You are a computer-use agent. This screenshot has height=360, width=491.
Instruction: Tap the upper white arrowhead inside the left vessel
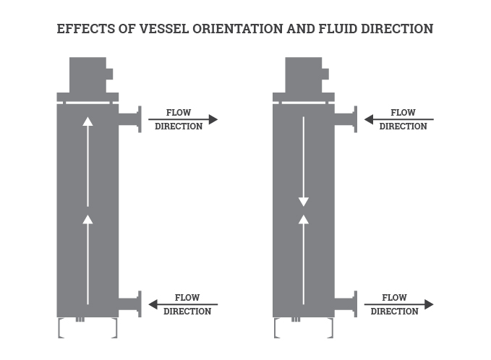(x=88, y=121)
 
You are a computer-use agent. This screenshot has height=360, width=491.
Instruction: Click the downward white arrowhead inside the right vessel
(x=304, y=202)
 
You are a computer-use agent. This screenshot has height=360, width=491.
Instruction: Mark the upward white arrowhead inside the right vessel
(x=304, y=218)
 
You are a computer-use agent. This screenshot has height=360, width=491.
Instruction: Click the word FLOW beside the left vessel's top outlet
(x=179, y=112)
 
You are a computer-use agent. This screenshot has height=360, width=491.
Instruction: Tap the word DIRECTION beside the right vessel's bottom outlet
(x=395, y=312)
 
